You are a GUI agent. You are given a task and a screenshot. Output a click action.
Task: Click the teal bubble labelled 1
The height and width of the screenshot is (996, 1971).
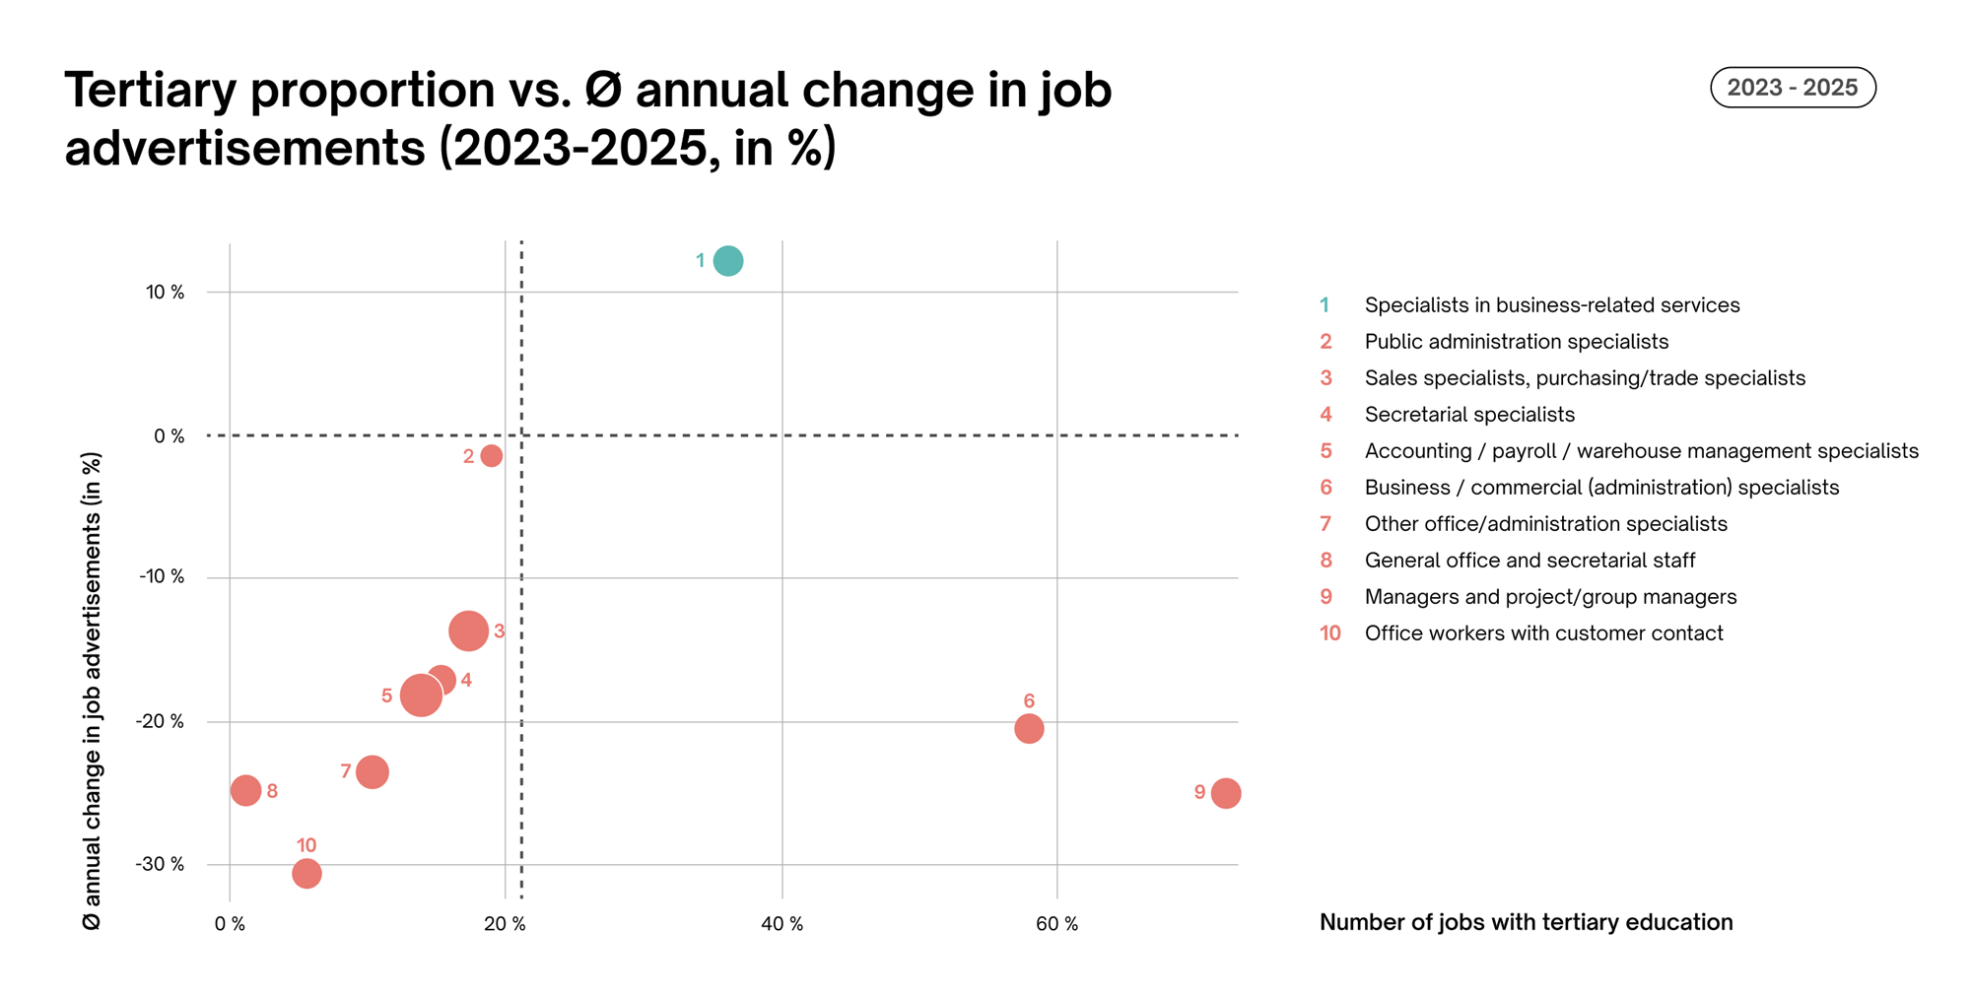(727, 261)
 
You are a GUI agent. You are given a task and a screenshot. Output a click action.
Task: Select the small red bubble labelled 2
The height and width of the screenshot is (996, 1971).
(491, 456)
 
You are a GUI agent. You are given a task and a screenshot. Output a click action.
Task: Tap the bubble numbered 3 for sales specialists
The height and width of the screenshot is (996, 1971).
(468, 631)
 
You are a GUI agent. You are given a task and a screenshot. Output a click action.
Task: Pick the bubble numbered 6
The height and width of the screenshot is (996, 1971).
(1029, 729)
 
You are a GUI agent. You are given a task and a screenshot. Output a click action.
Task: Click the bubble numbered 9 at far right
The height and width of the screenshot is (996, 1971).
(1225, 793)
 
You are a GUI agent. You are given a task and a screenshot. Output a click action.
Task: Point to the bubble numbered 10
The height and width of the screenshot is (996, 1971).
(306, 874)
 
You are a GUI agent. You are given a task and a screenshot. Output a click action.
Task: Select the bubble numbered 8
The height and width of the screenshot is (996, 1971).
(245, 790)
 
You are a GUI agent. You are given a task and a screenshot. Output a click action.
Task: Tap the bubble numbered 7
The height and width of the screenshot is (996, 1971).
(372, 771)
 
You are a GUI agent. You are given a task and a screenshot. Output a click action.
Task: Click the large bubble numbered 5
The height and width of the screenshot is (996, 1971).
(420, 696)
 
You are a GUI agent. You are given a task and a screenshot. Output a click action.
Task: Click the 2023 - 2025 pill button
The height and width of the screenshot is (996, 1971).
(1792, 88)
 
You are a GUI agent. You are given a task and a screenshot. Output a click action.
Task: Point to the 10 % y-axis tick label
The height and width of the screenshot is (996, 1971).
(166, 293)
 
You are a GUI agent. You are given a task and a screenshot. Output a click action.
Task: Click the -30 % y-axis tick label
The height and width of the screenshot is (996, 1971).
(161, 865)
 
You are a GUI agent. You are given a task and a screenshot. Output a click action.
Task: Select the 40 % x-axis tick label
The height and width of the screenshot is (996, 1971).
(782, 924)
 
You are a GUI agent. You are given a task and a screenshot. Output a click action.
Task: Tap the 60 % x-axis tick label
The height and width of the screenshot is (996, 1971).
(1057, 924)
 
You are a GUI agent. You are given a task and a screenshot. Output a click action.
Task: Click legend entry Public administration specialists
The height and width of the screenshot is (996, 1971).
(1516, 342)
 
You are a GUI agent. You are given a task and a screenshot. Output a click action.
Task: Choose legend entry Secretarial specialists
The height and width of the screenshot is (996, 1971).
(1468, 415)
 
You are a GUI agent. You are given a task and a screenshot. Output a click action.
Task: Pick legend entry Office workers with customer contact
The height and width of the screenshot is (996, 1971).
(1543, 633)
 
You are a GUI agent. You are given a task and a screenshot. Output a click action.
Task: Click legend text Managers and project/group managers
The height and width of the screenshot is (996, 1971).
(1550, 597)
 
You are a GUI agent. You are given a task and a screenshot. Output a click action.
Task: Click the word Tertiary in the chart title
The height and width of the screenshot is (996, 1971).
(155, 91)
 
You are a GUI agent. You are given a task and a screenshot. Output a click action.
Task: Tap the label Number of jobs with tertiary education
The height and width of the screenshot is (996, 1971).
(1526, 922)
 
